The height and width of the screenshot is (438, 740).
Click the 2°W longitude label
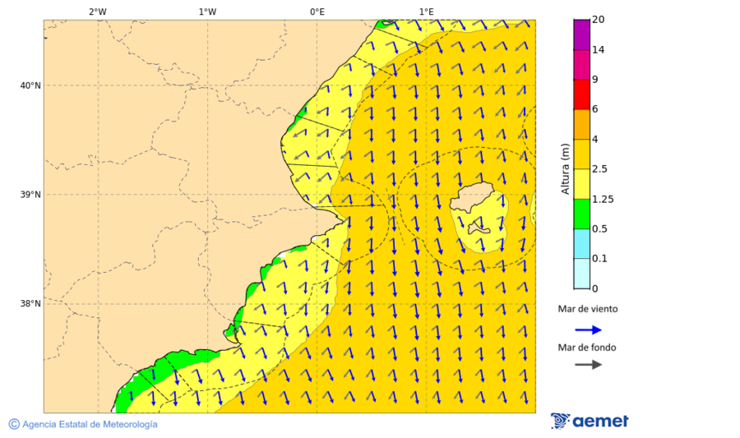(x=97, y=12)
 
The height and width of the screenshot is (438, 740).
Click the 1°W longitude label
(x=207, y=12)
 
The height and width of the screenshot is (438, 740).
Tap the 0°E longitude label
(x=317, y=12)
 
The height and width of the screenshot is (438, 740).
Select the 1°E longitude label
(x=426, y=12)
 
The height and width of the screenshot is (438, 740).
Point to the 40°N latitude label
(x=30, y=85)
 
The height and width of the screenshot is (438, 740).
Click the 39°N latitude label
(x=30, y=195)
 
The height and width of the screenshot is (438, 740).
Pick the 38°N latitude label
(x=30, y=303)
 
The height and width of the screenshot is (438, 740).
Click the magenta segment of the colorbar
(x=581, y=35)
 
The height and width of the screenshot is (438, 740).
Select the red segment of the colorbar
(x=581, y=94)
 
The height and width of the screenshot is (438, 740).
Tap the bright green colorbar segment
(x=581, y=214)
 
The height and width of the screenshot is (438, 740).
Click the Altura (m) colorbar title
(x=565, y=168)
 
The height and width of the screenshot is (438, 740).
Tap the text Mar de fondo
(x=586, y=348)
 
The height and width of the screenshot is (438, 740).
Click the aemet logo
(x=590, y=421)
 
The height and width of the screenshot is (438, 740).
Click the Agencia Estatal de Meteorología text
(x=90, y=424)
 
